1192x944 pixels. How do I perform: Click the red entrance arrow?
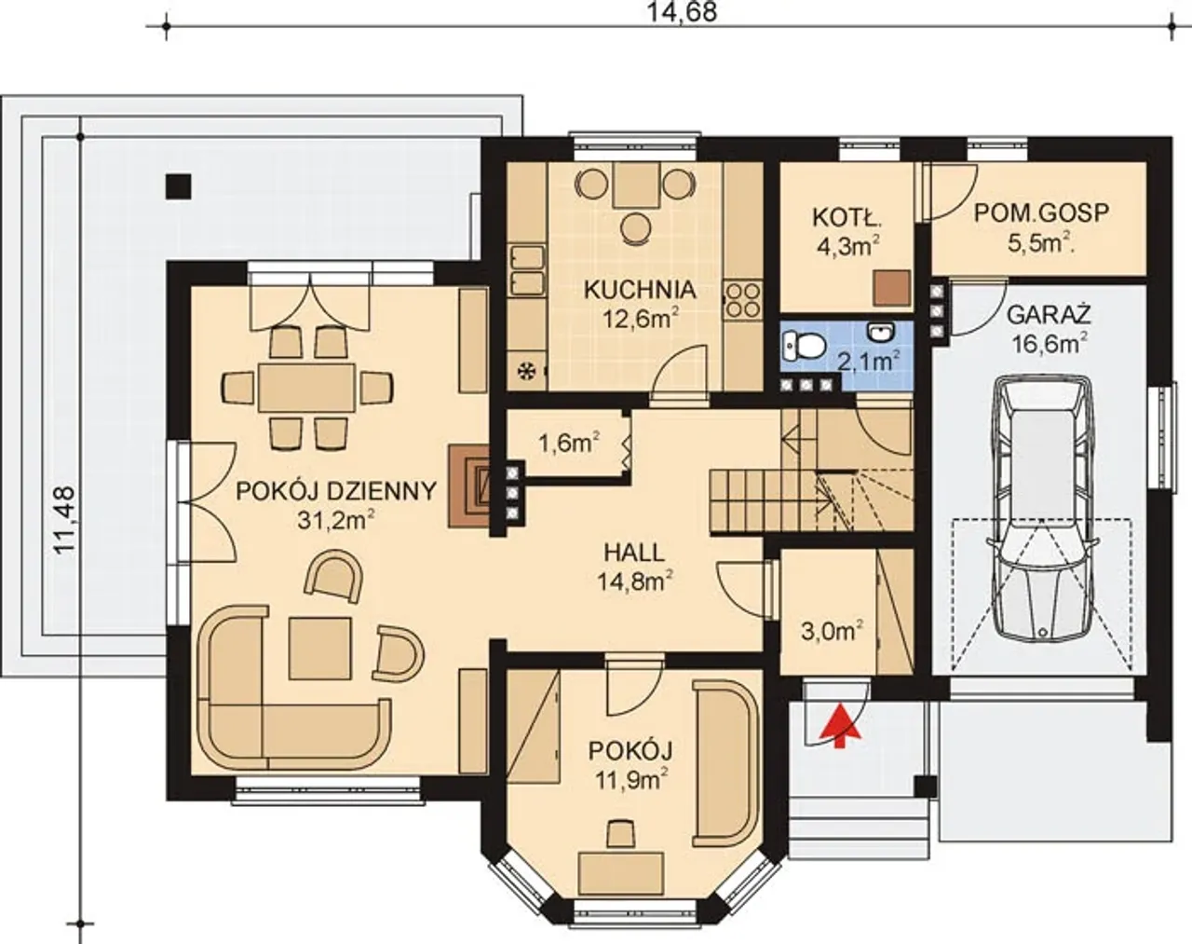coord(840,726)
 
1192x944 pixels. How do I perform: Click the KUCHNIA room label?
coord(640,290)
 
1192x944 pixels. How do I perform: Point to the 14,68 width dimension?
coord(682,11)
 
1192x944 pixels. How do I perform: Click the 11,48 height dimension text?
coord(65,519)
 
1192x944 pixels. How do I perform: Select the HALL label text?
coord(634,553)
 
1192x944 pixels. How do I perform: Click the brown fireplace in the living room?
coord(469,486)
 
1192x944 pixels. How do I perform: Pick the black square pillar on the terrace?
coord(179,186)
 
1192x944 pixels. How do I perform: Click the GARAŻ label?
coord(1049,315)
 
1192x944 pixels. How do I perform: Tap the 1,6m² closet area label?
coord(569,443)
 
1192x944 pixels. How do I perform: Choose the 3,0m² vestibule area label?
coord(832,630)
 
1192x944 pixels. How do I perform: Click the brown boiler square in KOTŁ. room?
coord(892,288)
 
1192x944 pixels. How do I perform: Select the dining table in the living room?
coord(307,387)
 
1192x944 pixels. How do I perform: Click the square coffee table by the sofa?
coord(320,648)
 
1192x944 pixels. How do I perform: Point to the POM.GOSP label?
coord(1034,213)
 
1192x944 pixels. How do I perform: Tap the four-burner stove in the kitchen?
coord(742,300)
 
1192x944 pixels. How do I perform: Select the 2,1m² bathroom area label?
coord(867,361)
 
